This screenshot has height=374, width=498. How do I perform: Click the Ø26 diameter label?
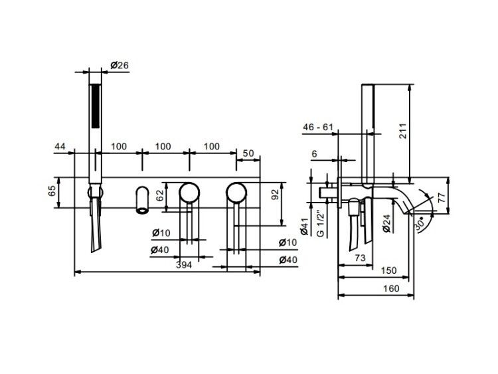click(x=120, y=66)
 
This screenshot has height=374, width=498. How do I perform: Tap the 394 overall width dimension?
click(x=184, y=264)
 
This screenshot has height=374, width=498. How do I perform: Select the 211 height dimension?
click(x=403, y=130)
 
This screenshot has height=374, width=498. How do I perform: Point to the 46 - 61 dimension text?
click(x=318, y=127)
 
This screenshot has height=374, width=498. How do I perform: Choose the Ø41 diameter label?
click(x=304, y=227)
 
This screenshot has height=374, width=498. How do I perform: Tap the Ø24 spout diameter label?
click(x=386, y=223)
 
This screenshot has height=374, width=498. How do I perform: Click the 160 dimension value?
click(x=391, y=288)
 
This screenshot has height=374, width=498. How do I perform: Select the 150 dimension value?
click(x=388, y=270)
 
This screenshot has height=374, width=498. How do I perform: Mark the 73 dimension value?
click(x=360, y=257)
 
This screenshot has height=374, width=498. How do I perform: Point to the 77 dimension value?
click(x=442, y=197)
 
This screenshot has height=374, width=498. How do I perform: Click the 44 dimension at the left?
click(x=60, y=146)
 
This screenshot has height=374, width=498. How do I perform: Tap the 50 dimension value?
click(x=248, y=153)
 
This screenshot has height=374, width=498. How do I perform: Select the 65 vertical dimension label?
click(x=52, y=191)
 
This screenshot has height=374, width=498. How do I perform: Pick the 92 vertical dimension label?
click(x=275, y=194)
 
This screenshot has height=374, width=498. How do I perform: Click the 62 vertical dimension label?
click(x=160, y=195)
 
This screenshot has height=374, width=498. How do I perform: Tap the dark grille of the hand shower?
click(x=95, y=106)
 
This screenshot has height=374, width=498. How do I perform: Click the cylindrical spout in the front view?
click(x=142, y=200)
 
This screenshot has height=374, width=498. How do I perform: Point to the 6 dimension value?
click(x=315, y=154)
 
